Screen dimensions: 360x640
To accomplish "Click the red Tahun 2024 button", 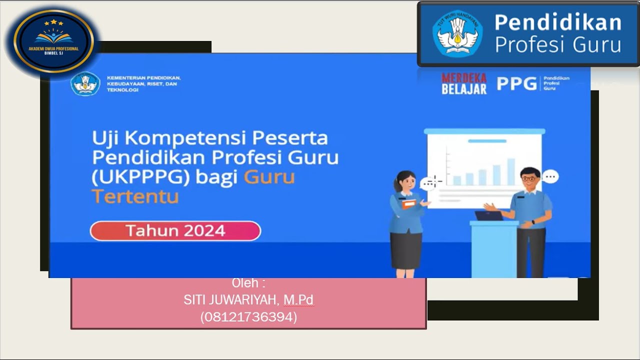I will pyautogui.click(x=175, y=231).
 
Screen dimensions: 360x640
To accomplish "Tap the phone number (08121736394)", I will pyautogui.click(x=248, y=317).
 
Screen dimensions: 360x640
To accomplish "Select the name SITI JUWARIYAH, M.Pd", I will pyautogui.click(x=248, y=300).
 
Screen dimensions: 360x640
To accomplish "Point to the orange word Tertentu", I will pyautogui.click(x=135, y=196).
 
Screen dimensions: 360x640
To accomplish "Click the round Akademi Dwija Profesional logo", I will pyautogui.click(x=53, y=42).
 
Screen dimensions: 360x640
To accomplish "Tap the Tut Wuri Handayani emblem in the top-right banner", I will pyautogui.click(x=457, y=34).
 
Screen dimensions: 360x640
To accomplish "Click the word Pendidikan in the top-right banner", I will pyautogui.click(x=557, y=22).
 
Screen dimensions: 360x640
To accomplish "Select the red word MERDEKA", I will pyautogui.click(x=463, y=78).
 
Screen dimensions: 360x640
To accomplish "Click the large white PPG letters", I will pyautogui.click(x=516, y=83).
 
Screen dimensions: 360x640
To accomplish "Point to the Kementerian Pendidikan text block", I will pyautogui.click(x=143, y=83).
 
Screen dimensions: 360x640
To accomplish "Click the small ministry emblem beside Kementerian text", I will pyautogui.click(x=85, y=83).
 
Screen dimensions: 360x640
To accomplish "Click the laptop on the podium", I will pyautogui.click(x=488, y=216).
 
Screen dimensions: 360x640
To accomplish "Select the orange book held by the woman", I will pyautogui.click(x=408, y=204).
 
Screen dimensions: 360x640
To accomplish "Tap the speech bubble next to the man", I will pyautogui.click(x=550, y=176).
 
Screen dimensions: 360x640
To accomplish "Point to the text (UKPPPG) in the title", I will pyautogui.click(x=140, y=177).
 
